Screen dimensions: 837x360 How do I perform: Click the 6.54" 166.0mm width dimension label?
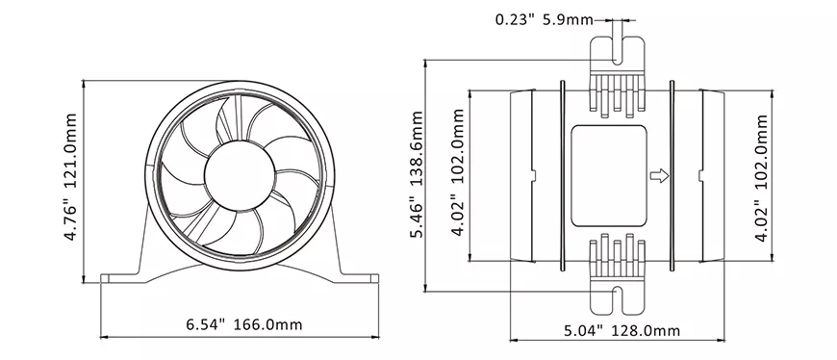[x=244, y=324]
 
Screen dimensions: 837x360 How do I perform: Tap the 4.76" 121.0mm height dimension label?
[x=70, y=177]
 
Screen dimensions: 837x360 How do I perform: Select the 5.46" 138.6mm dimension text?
[x=417, y=174]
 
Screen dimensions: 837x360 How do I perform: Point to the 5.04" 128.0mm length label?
[x=621, y=330]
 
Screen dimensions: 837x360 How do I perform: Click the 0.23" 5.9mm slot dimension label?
[x=544, y=20]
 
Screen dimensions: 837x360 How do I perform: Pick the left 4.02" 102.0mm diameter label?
[x=458, y=172]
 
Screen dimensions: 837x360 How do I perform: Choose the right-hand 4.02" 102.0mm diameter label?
[x=761, y=178]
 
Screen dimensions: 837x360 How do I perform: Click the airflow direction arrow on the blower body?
[x=659, y=176]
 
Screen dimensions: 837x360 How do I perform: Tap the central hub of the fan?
[x=240, y=175]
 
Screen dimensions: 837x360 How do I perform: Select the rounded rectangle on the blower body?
[x=609, y=176]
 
